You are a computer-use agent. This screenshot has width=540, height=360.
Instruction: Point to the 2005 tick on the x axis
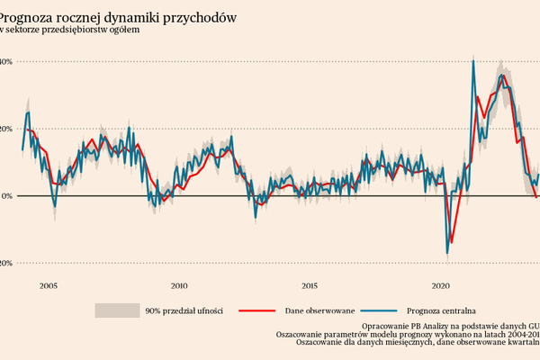tap(48, 285)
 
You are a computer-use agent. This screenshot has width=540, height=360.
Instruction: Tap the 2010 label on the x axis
tap(179, 285)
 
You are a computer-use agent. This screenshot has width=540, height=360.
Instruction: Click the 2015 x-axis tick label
tap(310, 285)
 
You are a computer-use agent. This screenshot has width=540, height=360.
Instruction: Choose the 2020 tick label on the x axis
tap(442, 285)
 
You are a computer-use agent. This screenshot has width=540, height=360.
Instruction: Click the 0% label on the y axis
tap(4, 195)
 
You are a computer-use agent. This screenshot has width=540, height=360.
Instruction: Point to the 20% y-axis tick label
tap(4, 129)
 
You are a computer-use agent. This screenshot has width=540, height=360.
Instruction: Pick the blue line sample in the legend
tap(384, 310)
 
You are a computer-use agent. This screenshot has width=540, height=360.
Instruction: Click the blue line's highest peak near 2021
tap(473, 61)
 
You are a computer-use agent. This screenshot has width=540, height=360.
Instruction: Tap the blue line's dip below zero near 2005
tap(55, 207)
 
